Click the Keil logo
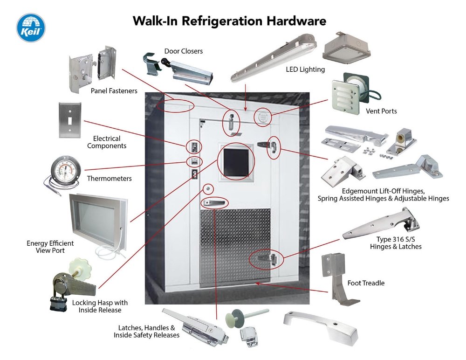(31, 28)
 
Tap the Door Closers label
(184, 51)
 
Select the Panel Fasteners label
(114, 91)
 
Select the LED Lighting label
(305, 69)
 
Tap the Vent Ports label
(382, 111)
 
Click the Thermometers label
(110, 179)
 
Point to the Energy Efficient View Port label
(50, 247)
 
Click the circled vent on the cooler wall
(262, 117)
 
